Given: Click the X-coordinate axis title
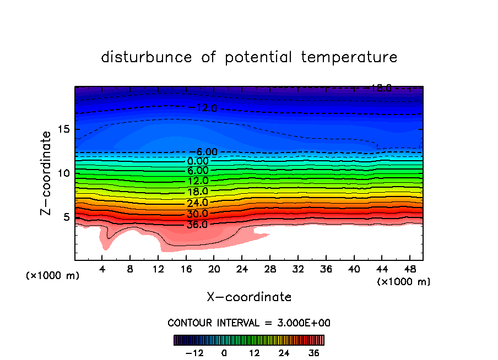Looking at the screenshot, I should [x=249, y=297].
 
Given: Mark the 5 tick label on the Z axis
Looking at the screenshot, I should [x=66, y=217].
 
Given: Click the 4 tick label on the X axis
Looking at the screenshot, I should [x=102, y=269].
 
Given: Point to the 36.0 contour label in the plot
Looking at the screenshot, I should [x=197, y=225].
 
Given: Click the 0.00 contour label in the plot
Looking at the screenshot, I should [x=198, y=161].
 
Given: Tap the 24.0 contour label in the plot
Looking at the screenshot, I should [x=197, y=203].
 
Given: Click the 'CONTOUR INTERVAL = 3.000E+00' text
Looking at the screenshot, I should [x=249, y=323].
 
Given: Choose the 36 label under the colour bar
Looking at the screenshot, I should [x=314, y=353].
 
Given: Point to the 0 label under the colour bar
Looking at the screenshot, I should [x=224, y=353].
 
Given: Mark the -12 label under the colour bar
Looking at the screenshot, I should [x=194, y=353].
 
